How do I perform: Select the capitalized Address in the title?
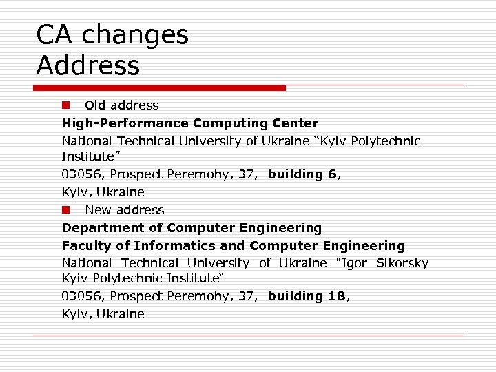(x=87, y=66)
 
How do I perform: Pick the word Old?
(x=95, y=105)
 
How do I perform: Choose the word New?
(x=97, y=209)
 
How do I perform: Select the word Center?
(x=294, y=123)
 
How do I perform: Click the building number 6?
(x=332, y=174)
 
